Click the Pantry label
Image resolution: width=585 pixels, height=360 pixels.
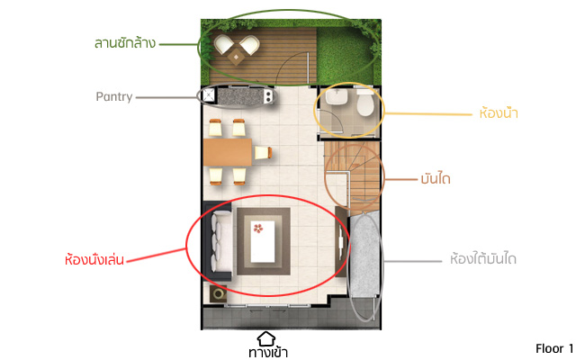[114, 97]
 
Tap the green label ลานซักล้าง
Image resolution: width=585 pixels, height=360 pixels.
[124, 43]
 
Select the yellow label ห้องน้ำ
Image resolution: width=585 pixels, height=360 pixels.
[499, 112]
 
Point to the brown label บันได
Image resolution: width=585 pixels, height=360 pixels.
[436, 179]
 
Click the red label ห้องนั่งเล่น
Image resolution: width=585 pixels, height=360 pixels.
[94, 259]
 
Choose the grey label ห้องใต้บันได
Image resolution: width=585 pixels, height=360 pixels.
[483, 258]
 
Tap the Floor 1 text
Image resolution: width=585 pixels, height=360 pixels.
[554, 348]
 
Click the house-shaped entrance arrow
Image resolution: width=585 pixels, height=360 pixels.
[266, 338]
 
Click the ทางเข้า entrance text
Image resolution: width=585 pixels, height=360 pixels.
[268, 353]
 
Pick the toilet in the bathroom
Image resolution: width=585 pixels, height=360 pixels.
[364, 103]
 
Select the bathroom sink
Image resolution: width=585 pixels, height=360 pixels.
[337, 96]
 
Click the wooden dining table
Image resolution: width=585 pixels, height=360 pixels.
[228, 152]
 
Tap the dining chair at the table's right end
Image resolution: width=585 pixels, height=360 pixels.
[263, 153]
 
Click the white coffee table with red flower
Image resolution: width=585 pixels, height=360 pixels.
[263, 242]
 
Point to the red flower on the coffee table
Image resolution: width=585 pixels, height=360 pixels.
[258, 228]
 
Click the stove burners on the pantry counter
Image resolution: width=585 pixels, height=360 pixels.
[268, 96]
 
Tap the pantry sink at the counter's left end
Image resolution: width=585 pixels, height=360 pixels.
[209, 95]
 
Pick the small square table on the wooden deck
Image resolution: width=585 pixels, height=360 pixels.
[236, 57]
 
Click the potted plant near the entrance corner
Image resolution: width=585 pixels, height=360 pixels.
[219, 294]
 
